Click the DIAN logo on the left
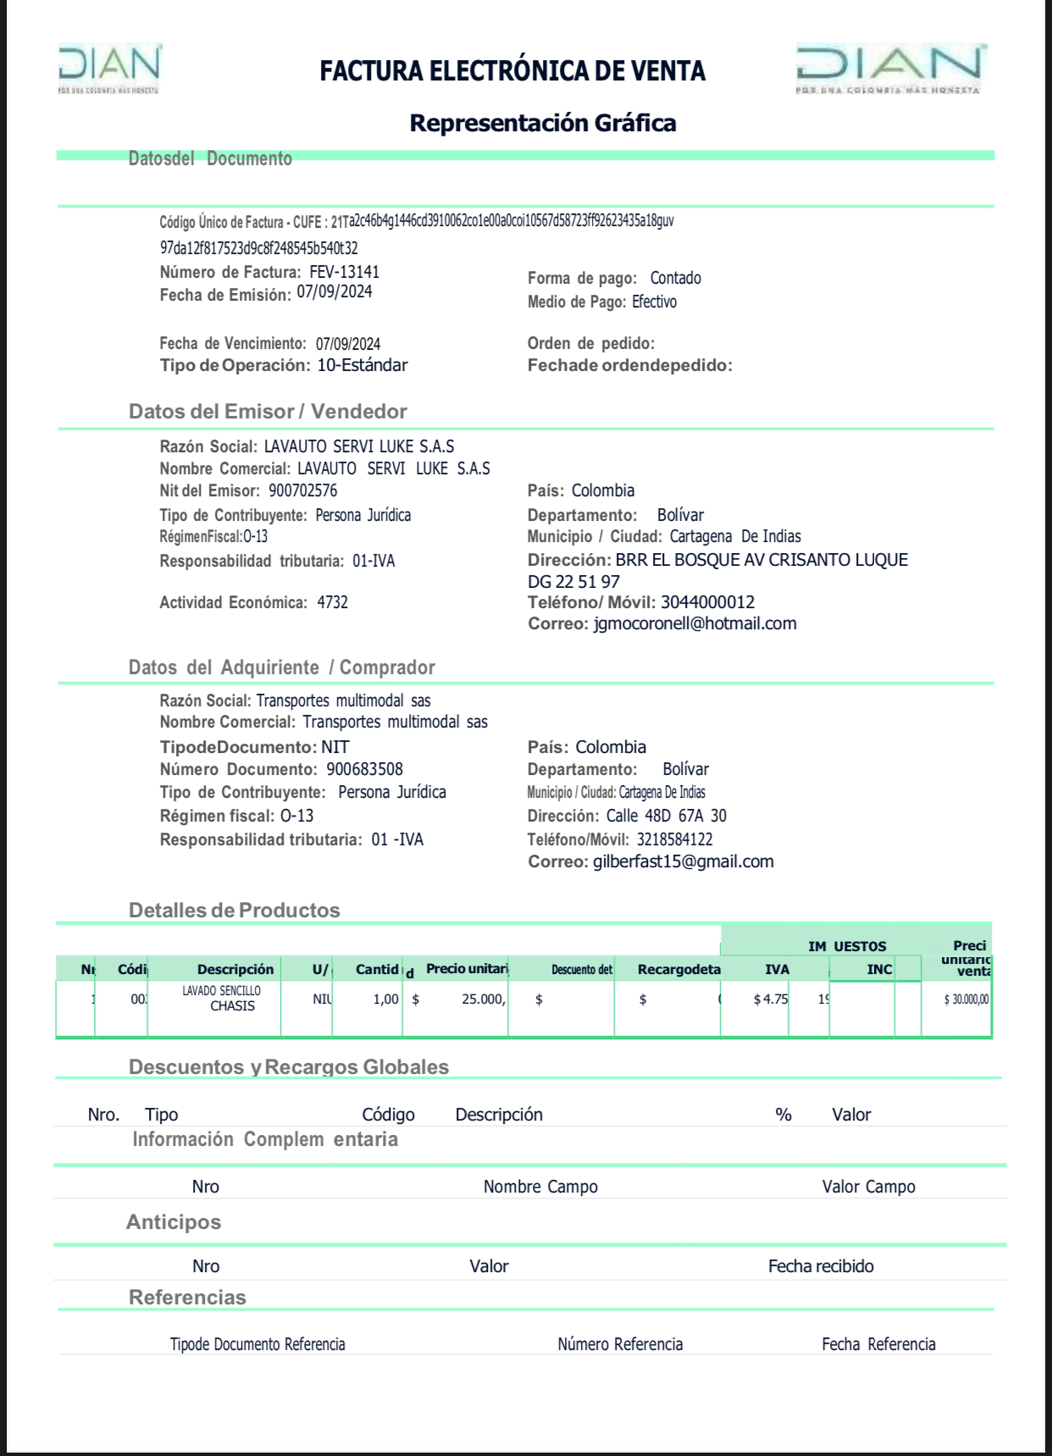[109, 68]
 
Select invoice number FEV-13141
[344, 272]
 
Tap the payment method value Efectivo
[654, 302]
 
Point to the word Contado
[675, 278]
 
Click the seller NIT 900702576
[302, 490]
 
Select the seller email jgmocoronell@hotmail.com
[695, 623]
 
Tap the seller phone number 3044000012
[707, 602]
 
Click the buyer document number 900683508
[364, 769]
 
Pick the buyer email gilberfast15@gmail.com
[683, 861]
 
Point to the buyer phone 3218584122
[674, 839]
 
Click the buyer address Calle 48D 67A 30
[666, 816]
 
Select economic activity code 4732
[332, 602]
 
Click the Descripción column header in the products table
[235, 969]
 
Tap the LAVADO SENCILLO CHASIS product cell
[222, 999]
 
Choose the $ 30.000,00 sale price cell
[966, 999]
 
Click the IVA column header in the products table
[777, 969]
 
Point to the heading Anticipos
[174, 1221]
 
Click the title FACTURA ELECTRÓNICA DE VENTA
[512, 70]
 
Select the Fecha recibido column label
[820, 1266]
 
